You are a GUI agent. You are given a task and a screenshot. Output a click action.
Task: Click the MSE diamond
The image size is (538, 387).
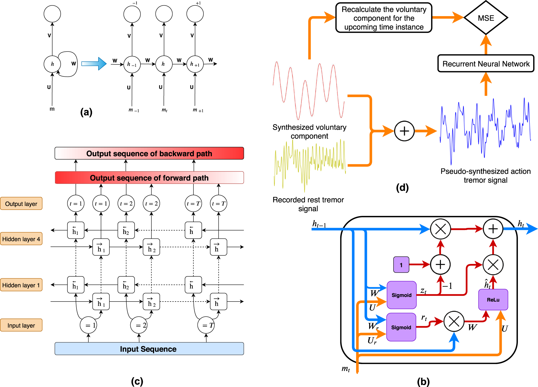pyautogui.click(x=486, y=18)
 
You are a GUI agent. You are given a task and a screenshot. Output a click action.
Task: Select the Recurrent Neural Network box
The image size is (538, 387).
pyautogui.click(x=486, y=64)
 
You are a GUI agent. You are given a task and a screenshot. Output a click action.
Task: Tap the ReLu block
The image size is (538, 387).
pyautogui.click(x=493, y=300)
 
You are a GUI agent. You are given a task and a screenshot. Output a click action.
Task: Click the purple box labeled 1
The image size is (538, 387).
pyautogui.click(x=401, y=265)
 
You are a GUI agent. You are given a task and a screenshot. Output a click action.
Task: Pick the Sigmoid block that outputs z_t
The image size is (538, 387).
pyautogui.click(x=401, y=295)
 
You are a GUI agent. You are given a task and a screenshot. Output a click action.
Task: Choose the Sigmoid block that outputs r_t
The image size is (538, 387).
pyautogui.click(x=401, y=327)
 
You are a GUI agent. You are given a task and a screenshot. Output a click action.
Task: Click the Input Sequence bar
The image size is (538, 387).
pyautogui.click(x=149, y=349)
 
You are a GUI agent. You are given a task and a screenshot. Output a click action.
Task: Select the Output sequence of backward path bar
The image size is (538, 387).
pyautogui.click(x=149, y=153)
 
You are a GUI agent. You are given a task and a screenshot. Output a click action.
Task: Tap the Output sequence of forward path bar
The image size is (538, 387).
pyautogui.click(x=149, y=178)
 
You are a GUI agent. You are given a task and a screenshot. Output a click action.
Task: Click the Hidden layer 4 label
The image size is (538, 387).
pyautogui.click(x=21, y=239)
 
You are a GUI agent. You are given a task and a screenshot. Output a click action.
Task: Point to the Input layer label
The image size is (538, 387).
pyautogui.click(x=21, y=325)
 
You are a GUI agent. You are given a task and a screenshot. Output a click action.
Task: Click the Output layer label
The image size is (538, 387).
pyautogui.click(x=21, y=204)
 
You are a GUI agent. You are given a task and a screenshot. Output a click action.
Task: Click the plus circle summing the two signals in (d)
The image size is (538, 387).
pyautogui.click(x=404, y=131)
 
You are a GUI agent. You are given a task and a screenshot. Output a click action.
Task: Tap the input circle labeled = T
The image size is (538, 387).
pyautogui.click(x=206, y=325)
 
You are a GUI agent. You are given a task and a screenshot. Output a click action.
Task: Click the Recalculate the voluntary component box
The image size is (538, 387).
pyautogui.click(x=384, y=18)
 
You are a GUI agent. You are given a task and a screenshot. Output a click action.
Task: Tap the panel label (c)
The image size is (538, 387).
pyautogui.click(x=137, y=381)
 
